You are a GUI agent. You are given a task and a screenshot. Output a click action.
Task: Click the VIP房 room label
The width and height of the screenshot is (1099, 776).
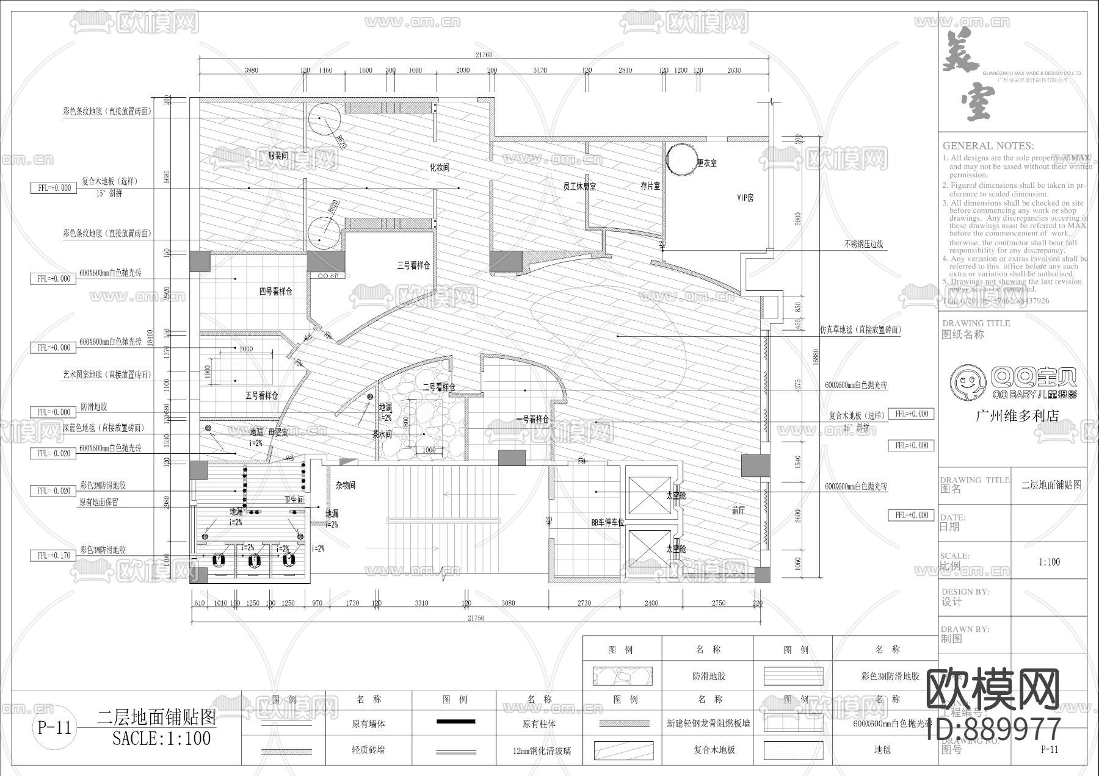coord(745,198)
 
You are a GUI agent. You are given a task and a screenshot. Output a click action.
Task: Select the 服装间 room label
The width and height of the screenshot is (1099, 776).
coord(278,156)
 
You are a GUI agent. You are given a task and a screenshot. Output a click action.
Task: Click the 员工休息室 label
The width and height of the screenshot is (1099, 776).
coord(579,186)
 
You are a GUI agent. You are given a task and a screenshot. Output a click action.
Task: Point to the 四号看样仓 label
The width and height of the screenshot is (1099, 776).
coord(275,292)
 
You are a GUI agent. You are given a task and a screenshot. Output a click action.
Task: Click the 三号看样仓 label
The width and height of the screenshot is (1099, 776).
coord(413,266)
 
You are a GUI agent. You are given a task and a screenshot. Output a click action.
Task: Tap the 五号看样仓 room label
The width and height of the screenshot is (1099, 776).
coord(261,395)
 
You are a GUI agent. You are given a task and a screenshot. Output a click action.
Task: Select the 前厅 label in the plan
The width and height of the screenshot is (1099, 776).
coord(738,511)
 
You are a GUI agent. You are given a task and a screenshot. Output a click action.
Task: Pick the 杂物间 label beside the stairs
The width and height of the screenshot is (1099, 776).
coord(345,486)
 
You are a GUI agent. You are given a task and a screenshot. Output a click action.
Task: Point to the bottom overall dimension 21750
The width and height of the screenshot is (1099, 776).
coord(476,618)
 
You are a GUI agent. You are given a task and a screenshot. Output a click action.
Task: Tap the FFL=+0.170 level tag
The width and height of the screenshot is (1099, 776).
coord(54,556)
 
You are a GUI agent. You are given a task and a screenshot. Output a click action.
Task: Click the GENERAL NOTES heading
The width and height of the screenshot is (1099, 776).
coord(987,146)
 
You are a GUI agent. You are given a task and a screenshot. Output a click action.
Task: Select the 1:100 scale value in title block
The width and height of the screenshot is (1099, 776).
coord(1049,562)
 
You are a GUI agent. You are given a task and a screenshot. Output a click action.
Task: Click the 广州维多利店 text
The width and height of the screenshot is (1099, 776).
coord(1017,416)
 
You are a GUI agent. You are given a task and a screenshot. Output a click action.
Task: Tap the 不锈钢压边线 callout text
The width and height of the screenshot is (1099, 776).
coord(863,244)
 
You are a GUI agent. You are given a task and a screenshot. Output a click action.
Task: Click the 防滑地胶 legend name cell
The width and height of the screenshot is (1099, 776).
coord(709,677)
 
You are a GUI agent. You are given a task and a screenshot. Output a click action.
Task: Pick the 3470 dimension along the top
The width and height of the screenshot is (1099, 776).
coord(539,70)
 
